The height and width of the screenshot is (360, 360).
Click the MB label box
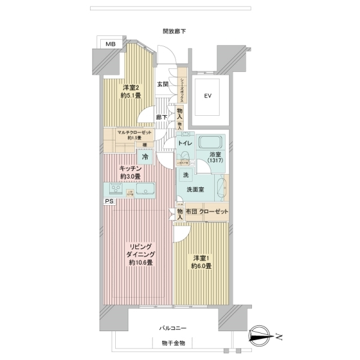coord(110,44)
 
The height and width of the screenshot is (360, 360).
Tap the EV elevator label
coord(208,96)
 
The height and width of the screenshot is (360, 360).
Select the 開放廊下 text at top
coord(174,31)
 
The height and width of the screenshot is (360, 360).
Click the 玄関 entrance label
coord(163,85)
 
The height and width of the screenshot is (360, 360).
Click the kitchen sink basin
coord(145,190)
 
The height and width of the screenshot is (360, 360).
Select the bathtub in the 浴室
coord(211,144)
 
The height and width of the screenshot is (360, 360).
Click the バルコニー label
coord(173,328)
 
